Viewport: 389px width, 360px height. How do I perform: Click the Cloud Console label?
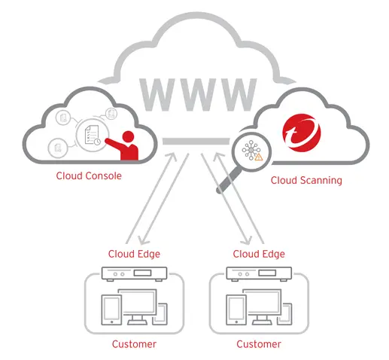(x=89, y=175)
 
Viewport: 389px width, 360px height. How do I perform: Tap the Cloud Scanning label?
(x=306, y=181)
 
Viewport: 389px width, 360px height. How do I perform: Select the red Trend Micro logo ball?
(x=302, y=133)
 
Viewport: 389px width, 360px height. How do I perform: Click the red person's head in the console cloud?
(x=128, y=136)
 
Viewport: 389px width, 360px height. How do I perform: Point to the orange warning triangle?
(x=259, y=157)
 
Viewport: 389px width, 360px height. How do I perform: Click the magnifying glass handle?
(x=229, y=180)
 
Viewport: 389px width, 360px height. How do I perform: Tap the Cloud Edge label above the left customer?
(x=134, y=254)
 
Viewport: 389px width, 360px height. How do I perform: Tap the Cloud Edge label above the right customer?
(x=259, y=254)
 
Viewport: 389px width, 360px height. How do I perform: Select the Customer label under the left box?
(x=134, y=344)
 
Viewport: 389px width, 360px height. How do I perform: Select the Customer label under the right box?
(x=259, y=344)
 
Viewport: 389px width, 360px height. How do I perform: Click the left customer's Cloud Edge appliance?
(x=134, y=273)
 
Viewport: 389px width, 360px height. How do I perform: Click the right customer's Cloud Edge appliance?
(x=259, y=273)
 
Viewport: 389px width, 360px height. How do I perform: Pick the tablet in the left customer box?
(x=111, y=310)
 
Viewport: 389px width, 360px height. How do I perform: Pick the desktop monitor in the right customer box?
(x=262, y=307)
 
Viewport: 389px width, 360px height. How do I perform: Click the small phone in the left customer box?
(x=160, y=314)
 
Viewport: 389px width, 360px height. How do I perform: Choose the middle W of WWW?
(x=198, y=95)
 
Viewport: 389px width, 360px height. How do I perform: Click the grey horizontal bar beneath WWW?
(x=196, y=142)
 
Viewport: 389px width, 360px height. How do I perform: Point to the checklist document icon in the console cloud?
(x=90, y=135)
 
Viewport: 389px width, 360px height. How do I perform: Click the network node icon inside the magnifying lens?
(x=251, y=150)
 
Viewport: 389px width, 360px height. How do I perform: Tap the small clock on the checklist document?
(x=97, y=142)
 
